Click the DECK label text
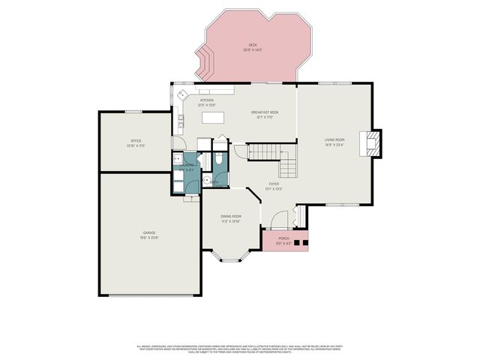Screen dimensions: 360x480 click(x=253, y=45)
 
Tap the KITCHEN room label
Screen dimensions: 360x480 click(x=206, y=100)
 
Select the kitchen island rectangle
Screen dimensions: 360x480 click(x=213, y=118)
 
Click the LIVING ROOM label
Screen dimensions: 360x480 click(x=334, y=140)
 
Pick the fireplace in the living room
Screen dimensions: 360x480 click(x=372, y=142)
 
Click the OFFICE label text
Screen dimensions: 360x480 click(x=136, y=141)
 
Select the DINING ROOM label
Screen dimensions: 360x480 click(x=230, y=216)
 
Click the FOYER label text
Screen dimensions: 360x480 click(x=274, y=184)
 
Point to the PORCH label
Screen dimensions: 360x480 click(x=283, y=238)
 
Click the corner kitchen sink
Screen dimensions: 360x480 click(x=181, y=94)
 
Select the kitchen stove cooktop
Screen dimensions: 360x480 click(x=181, y=119)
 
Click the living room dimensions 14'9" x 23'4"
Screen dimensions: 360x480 click(x=334, y=145)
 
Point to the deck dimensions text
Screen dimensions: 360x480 click(x=253, y=49)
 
